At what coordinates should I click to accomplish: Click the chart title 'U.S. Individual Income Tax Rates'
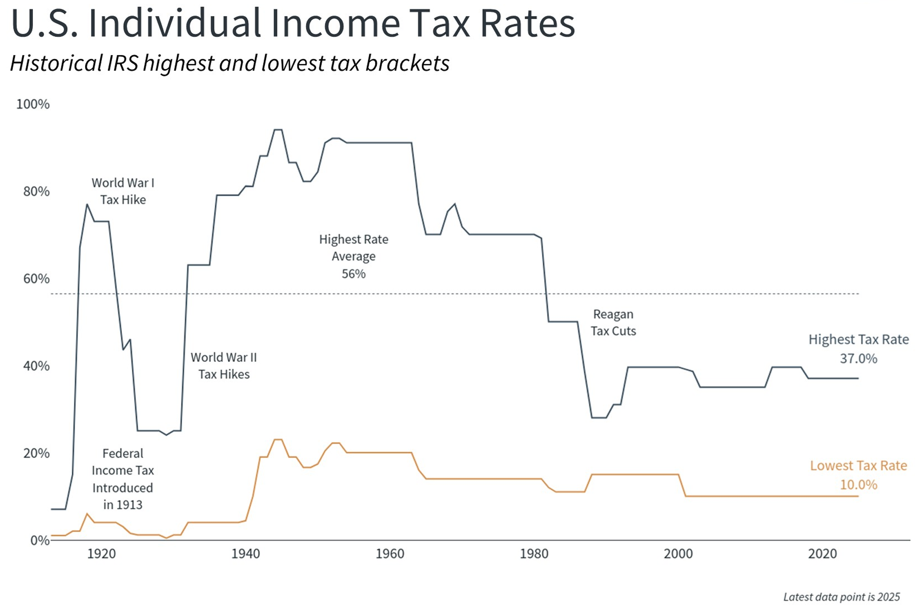293,23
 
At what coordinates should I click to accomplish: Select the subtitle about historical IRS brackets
229,63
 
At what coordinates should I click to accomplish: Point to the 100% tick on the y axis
33,104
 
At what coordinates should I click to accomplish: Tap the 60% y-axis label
36,279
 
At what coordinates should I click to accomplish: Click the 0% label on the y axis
40,540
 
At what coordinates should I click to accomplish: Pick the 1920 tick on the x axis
101,554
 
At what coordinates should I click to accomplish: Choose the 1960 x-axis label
390,554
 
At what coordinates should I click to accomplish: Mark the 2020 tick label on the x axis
822,554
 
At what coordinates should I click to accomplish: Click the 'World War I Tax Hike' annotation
123,191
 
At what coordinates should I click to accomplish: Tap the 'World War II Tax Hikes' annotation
224,365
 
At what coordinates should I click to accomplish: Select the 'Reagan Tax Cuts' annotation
613,322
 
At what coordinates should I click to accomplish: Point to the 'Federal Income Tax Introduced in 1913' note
123,479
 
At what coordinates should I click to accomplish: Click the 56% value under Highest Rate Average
354,274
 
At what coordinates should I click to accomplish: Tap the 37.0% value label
858,359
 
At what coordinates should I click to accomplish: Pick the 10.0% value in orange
858,485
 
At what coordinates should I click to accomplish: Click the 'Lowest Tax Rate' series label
858,466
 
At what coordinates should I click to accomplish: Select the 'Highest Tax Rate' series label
858,340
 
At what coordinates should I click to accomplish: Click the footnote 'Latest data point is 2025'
841,597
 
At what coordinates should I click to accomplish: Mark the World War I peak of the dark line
87,204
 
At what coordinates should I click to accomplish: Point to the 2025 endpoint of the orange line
858,496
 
